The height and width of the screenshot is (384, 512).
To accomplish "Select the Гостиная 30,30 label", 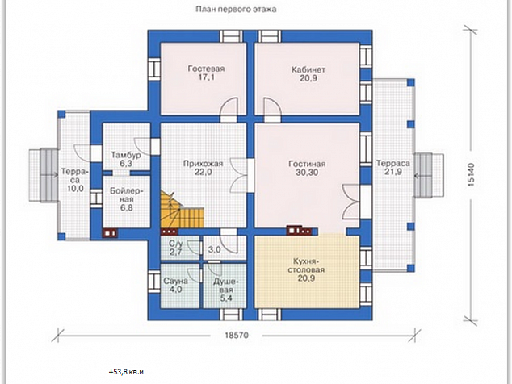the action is coord(307,168).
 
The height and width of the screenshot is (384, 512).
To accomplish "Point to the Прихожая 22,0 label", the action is coord(203,167).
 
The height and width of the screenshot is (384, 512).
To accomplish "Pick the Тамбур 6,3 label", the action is coord(126,159).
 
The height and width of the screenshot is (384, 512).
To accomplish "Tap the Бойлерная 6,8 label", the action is coord(126,199).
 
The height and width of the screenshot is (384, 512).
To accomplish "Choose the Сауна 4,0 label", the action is coord(176,285).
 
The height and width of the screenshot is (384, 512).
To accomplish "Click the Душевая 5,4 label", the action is coord(226,290).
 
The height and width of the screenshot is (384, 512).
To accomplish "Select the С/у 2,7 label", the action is coord(175,248).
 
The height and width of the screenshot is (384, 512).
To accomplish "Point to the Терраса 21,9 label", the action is coord(392,167).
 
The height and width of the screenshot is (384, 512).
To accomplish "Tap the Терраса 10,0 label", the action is coord(75,180).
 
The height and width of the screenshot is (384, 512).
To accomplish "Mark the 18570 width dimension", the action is coord(237,335).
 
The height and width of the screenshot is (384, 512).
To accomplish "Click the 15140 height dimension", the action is coord(471,174).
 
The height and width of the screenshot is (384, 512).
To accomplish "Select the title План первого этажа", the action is coord(236,10).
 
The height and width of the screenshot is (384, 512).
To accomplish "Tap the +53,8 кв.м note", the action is coord(126,372).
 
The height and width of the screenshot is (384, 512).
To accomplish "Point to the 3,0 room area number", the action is coord(214,250).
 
